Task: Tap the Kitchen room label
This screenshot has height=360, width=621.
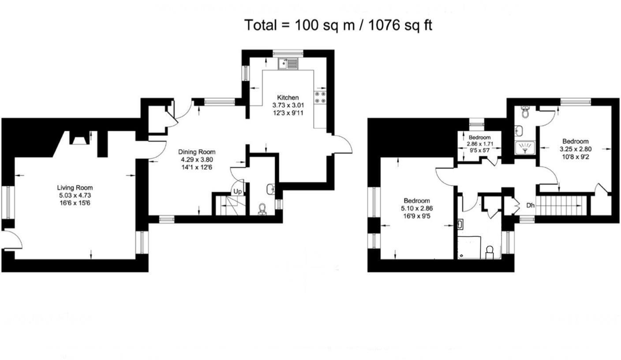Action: coord(288,97)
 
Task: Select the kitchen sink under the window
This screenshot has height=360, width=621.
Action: coord(288,65)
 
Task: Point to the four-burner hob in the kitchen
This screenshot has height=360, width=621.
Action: coord(320,98)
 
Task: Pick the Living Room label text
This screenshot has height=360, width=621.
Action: coord(75,187)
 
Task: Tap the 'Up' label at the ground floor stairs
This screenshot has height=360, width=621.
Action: coord(237,191)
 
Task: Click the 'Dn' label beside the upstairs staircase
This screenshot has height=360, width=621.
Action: coord(531,206)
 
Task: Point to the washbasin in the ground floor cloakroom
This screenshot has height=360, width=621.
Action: coord(271,189)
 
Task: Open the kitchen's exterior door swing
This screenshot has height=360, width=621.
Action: coord(343,144)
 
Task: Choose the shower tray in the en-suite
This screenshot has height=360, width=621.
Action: coord(524,148)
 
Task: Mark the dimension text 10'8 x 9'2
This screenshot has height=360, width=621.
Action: coord(575,156)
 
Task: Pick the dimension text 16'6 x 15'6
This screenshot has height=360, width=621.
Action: coord(75,202)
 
